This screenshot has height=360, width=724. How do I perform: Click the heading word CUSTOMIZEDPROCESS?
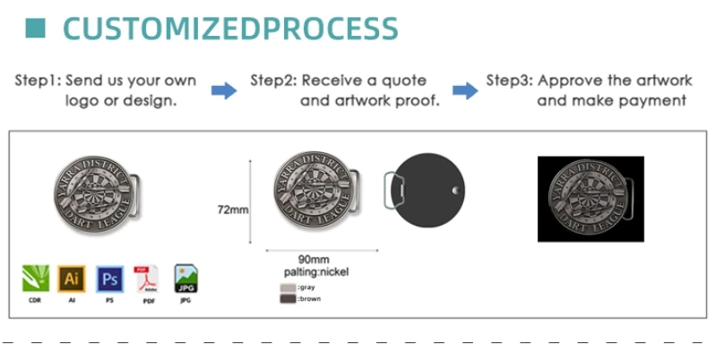tap(230, 28)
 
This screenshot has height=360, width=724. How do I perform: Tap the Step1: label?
tap(39, 81)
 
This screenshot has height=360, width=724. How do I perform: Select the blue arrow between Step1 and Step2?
tap(223, 90)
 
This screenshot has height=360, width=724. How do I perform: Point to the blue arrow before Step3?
tap(464, 90)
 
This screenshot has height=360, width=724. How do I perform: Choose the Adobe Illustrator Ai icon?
tap(72, 279)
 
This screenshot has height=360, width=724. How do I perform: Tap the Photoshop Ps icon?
tap(109, 279)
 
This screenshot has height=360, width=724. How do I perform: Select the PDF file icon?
tap(145, 279)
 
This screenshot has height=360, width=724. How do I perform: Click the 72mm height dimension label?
tap(233, 210)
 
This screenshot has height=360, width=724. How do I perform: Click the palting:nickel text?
tap(316, 271)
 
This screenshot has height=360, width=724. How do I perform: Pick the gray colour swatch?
tap(287, 287)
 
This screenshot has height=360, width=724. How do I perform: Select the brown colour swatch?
tap(287, 298)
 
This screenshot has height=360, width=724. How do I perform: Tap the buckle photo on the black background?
tap(590, 199)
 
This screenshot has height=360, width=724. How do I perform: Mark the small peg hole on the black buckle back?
tap(456, 191)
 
